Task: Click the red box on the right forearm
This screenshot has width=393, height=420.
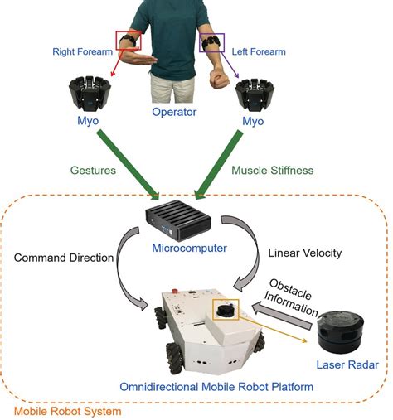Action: (129, 40)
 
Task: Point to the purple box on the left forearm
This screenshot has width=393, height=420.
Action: (213, 42)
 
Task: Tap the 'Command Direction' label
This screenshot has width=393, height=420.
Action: (64, 258)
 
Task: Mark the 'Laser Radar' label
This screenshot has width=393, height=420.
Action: (346, 364)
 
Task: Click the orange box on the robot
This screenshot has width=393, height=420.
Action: (225, 310)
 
